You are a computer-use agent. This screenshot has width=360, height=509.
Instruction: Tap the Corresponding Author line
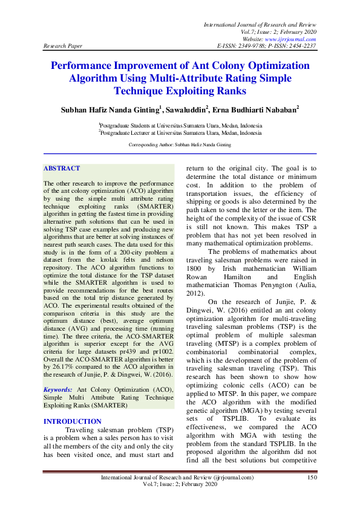(x=180, y=146)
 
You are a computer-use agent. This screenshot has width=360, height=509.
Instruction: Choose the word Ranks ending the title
(x=229, y=91)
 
